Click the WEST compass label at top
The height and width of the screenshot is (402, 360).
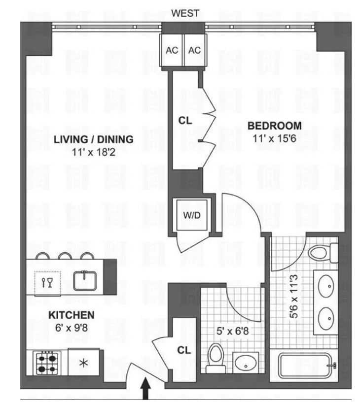click(x=185, y=13)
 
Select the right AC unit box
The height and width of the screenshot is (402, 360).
click(x=194, y=50)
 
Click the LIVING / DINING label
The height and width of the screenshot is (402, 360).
click(x=93, y=139)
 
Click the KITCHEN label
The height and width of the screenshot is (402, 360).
click(x=72, y=314)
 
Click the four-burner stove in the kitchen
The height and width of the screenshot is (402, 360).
click(x=47, y=364)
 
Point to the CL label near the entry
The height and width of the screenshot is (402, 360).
click(x=184, y=351)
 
